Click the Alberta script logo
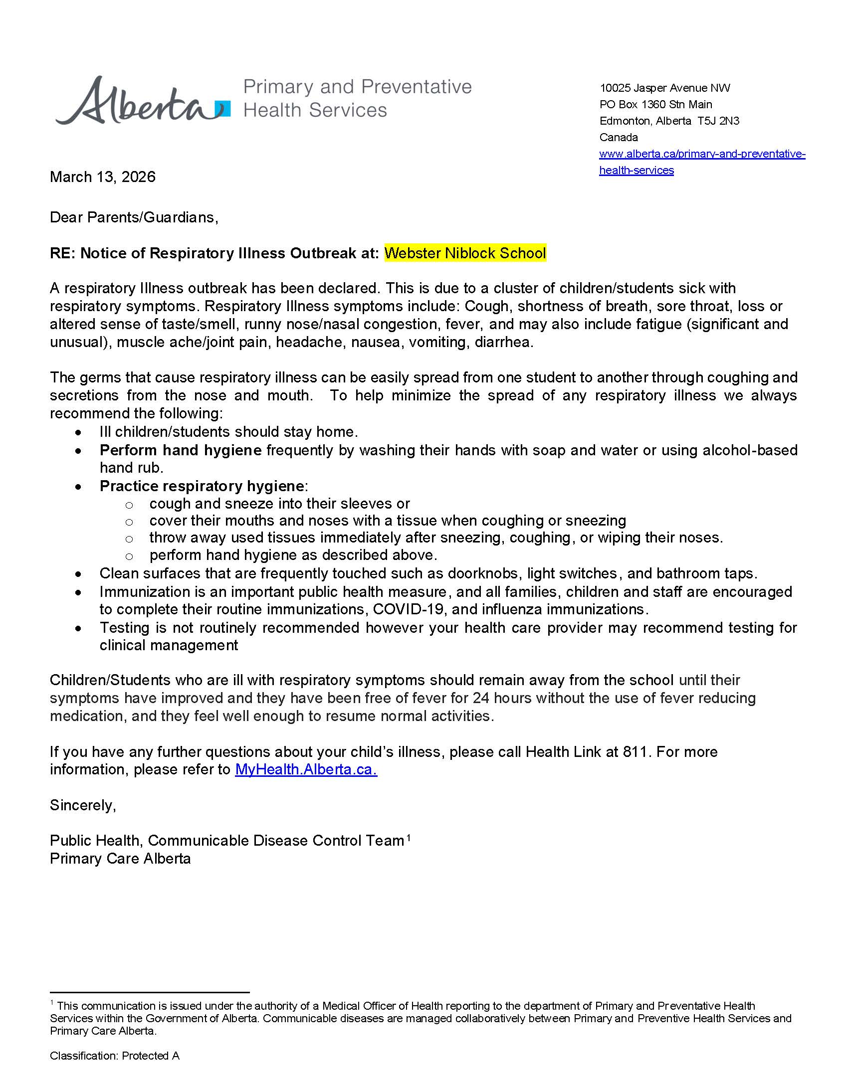coord(135,102)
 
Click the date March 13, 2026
coord(103,177)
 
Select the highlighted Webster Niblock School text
coord(465,253)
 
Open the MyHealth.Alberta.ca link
coord(306,769)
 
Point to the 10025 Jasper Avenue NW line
coord(664,88)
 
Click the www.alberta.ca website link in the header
coord(702,154)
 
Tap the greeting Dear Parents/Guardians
coord(134,217)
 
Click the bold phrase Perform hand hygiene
coord(181,450)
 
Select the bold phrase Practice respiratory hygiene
coord(202,486)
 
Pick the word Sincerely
coord(83,805)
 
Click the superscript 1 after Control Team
coord(408,838)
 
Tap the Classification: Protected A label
coord(114,1056)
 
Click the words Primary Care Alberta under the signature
coord(120,859)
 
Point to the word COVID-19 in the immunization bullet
coord(419,609)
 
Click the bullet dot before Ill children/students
coord(79,433)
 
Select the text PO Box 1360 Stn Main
coord(655,105)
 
